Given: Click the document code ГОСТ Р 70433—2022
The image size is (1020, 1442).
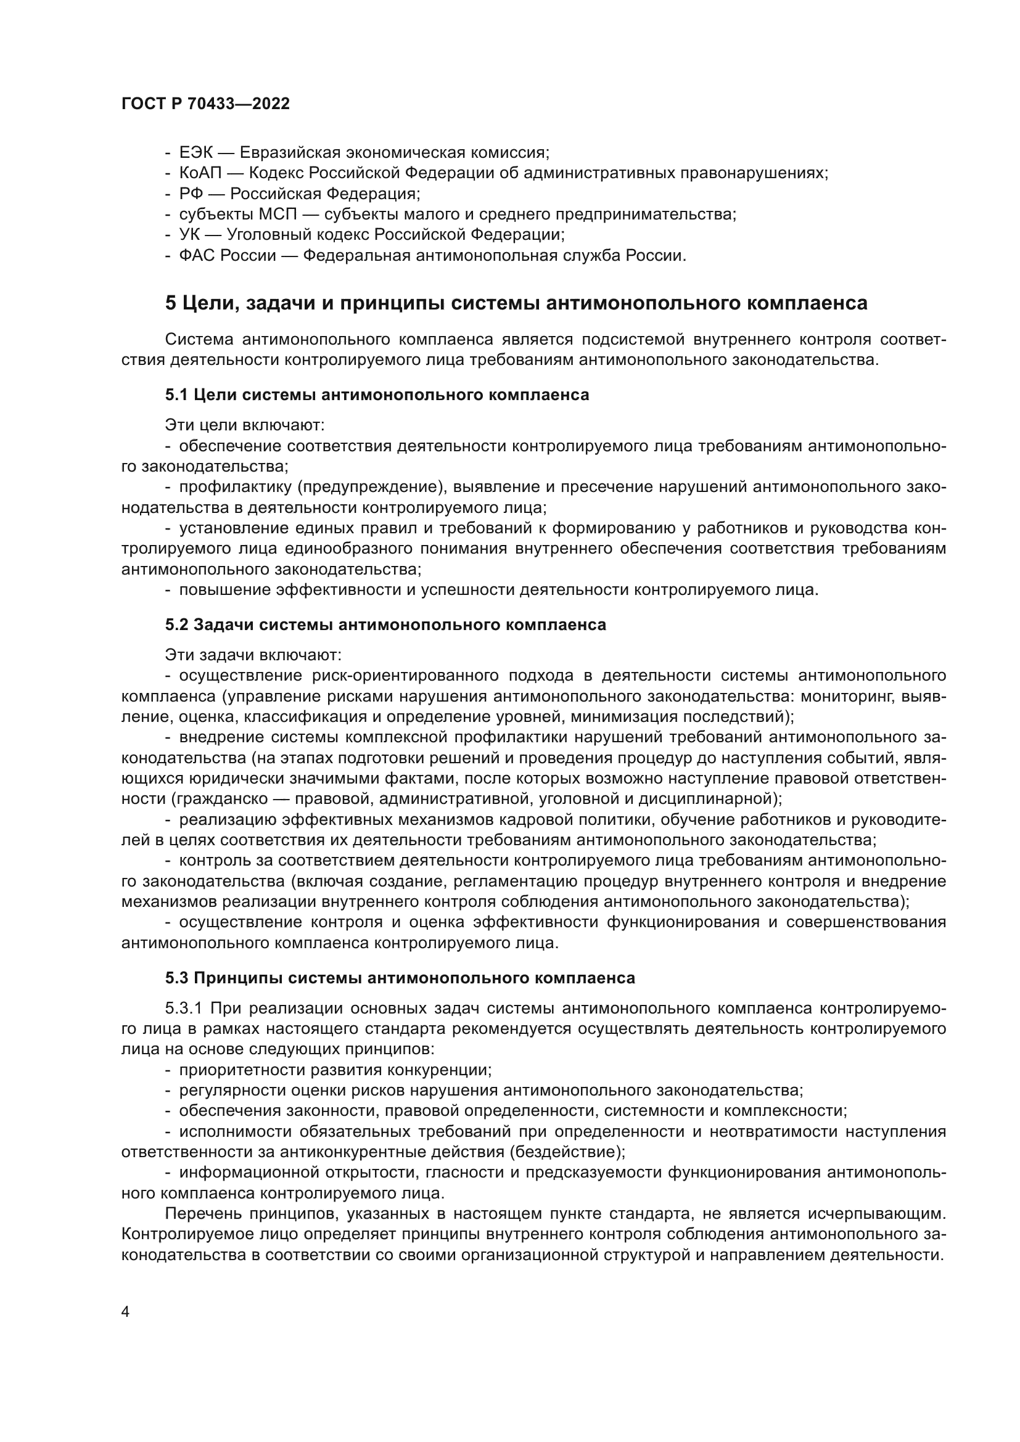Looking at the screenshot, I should click(205, 104).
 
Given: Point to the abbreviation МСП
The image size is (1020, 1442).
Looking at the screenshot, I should click(273, 214).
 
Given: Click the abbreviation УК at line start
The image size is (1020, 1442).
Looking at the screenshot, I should click(189, 235).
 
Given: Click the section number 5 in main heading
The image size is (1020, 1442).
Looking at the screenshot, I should click(171, 303).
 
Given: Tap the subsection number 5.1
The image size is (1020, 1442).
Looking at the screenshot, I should click(176, 395).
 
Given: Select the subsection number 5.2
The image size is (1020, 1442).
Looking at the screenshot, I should click(176, 625).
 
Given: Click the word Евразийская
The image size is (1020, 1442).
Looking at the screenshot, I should click(290, 153).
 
